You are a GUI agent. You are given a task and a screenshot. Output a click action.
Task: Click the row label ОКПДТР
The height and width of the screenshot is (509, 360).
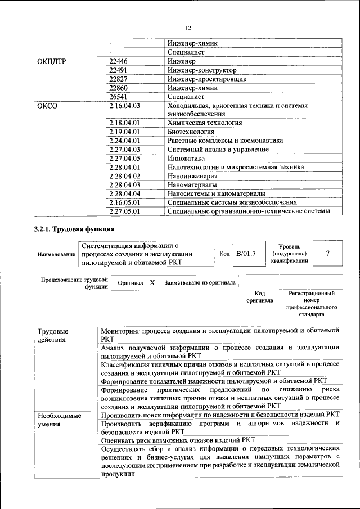pyautogui.click(x=52, y=61)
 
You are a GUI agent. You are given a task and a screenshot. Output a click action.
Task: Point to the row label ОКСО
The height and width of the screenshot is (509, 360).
pyautogui.click(x=47, y=105)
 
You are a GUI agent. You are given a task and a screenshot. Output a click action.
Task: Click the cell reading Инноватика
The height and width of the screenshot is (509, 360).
pyautogui.click(x=185, y=158)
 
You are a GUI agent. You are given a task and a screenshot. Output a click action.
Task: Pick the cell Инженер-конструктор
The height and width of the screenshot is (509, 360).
pyautogui.click(x=202, y=70)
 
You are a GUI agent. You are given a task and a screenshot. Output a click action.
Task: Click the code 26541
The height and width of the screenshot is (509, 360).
pyautogui.click(x=119, y=97)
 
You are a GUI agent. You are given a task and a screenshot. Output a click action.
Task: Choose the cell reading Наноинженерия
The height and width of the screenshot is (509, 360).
pyautogui.click(x=192, y=175)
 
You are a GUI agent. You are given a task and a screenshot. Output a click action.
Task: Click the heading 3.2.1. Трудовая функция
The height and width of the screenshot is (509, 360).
pyautogui.click(x=74, y=229)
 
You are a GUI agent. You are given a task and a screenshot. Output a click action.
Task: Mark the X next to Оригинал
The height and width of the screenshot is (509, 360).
pyautogui.click(x=152, y=282)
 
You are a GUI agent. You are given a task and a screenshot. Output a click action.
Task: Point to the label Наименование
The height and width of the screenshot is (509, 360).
pyautogui.click(x=56, y=254)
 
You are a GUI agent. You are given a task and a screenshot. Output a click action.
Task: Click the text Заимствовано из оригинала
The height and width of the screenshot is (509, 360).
pyautogui.click(x=200, y=283)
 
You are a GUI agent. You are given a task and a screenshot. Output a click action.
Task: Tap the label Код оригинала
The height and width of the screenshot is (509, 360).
pyautogui.click(x=259, y=297)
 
